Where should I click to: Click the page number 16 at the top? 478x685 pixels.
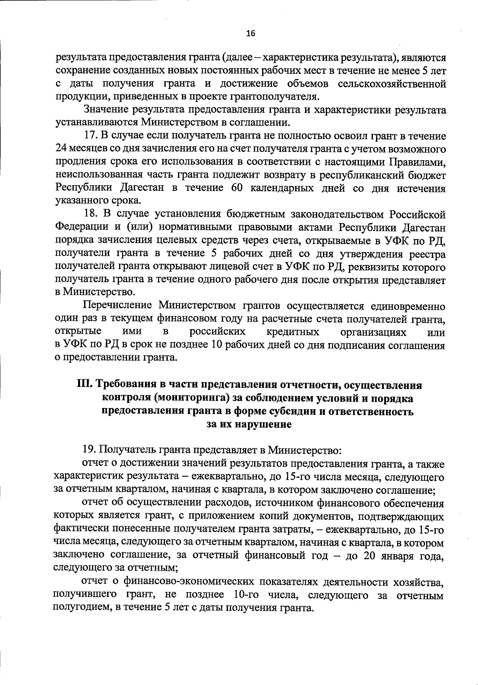tap(250, 33)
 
